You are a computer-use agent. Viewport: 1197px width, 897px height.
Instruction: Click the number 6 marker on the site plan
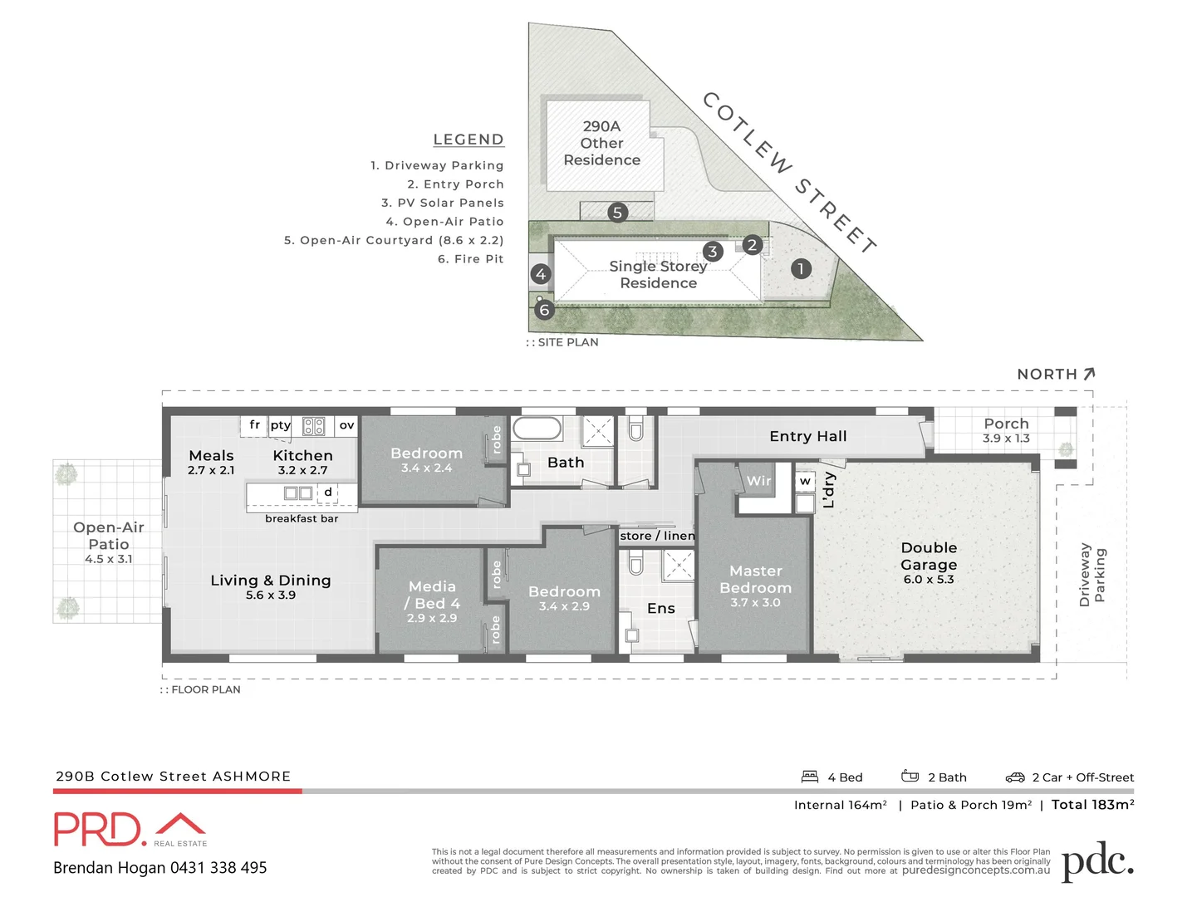click(545, 311)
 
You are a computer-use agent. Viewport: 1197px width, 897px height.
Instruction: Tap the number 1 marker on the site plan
click(801, 268)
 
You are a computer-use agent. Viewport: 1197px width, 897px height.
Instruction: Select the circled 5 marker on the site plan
click(617, 213)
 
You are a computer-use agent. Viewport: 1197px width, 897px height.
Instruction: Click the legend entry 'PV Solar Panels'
click(442, 203)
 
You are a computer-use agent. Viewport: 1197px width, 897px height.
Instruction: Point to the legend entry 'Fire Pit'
click(470, 259)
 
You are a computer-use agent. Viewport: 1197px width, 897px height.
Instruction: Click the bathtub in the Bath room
click(537, 429)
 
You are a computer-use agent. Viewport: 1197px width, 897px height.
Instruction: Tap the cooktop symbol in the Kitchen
click(313, 426)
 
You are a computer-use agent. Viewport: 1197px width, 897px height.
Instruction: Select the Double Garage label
click(929, 556)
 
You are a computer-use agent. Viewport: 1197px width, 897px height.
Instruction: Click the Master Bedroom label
click(756, 580)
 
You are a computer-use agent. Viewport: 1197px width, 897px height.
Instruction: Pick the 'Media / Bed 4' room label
click(432, 595)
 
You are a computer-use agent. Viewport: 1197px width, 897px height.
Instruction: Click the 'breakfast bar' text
click(302, 519)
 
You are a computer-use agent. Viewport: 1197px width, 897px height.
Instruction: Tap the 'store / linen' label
click(657, 536)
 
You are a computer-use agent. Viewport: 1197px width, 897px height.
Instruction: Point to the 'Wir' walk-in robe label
click(758, 481)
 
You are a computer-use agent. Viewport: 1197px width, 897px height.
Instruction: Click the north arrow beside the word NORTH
click(1089, 374)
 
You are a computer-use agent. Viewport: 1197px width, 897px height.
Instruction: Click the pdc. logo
click(1097, 861)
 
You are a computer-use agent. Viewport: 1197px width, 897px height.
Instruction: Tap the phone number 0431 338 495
click(218, 868)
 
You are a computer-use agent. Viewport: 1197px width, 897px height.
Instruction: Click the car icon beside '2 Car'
click(1015, 777)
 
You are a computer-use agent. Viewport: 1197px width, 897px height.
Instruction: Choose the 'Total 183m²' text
click(1092, 804)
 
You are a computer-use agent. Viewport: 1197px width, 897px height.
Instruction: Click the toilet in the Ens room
click(636, 564)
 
